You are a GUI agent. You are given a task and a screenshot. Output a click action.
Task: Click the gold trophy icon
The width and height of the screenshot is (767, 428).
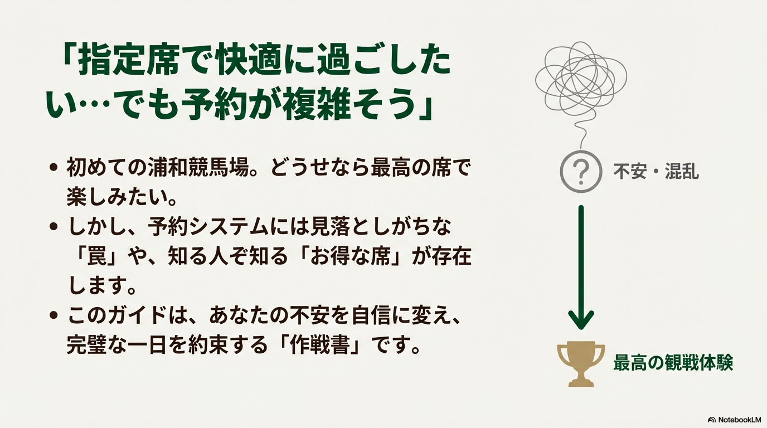581,363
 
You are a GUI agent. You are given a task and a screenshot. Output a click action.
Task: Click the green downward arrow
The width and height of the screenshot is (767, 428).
581,267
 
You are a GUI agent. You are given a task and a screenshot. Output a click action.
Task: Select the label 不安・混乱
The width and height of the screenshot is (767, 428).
656,171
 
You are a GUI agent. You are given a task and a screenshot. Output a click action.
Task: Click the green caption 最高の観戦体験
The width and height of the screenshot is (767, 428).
673,363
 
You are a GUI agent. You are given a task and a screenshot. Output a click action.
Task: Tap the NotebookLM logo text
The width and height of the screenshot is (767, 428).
736,420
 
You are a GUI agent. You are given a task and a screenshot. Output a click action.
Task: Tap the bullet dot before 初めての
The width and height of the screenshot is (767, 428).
54,168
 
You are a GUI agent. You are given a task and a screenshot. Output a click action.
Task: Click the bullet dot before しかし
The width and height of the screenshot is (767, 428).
54,227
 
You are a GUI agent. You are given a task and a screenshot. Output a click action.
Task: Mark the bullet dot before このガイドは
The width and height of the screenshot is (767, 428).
54,315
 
